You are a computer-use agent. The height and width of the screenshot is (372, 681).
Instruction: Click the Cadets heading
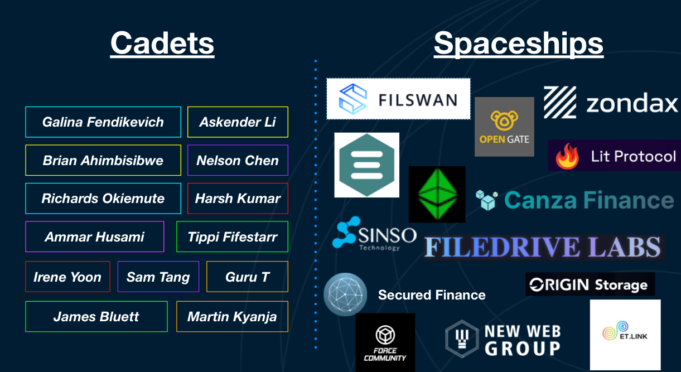coord(162,43)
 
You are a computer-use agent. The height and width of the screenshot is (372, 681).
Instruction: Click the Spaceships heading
coord(518,43)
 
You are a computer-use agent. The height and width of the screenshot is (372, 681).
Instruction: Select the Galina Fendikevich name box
coord(103,122)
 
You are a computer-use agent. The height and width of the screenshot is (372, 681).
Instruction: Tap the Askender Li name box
coord(238,122)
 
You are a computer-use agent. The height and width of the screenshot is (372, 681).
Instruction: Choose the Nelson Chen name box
coord(238,161)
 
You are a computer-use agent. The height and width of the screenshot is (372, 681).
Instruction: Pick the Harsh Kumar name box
coord(238,199)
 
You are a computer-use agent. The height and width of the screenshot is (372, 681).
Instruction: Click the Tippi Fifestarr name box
coord(232,237)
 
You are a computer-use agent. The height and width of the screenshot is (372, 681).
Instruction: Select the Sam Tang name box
coord(158,277)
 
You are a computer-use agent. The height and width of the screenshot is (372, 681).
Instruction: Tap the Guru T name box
coord(247,277)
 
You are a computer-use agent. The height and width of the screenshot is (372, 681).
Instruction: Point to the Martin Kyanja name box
coord(232,317)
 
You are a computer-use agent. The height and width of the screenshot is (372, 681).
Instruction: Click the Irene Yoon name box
coord(67,277)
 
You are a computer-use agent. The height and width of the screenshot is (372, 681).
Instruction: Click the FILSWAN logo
coord(398,99)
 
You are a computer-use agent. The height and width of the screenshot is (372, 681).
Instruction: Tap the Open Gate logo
coord(504,127)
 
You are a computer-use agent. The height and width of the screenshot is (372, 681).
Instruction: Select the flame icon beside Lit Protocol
coord(568,157)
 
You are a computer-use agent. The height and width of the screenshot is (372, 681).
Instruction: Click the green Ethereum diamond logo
coord(437,194)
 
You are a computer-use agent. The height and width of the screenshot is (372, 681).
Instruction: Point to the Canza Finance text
coord(589,200)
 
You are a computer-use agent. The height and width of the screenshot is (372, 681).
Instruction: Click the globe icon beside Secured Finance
coord(345,294)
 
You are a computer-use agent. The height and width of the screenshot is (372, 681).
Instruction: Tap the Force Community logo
coord(385,342)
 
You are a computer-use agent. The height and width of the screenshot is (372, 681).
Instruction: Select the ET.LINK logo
coord(625,335)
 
